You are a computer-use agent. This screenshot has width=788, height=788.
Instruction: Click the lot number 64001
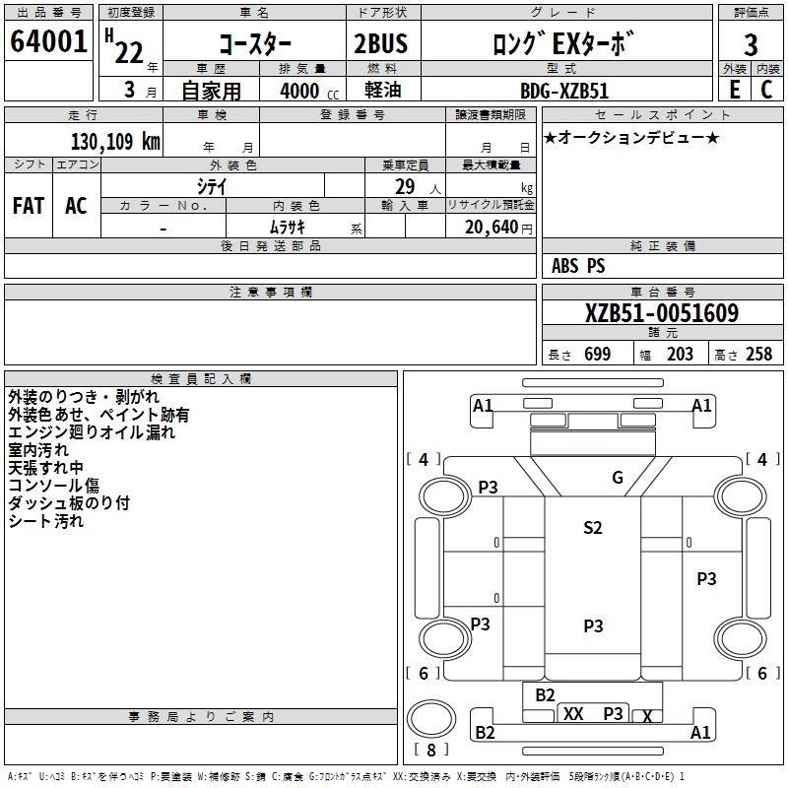[x=49, y=43]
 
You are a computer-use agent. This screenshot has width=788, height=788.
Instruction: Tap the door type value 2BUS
[x=380, y=45]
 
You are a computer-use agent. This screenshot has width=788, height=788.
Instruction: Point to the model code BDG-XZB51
[x=564, y=91]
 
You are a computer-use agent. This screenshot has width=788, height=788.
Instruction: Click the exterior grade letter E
[x=734, y=90]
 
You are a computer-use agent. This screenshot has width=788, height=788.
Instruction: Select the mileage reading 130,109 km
[x=115, y=141]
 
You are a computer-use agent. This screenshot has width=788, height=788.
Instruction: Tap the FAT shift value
[x=29, y=205]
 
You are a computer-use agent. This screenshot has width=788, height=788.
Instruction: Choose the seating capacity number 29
[x=405, y=187]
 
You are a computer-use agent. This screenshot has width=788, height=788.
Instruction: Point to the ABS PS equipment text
[x=578, y=266]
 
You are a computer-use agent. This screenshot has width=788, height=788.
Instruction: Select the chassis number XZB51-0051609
[x=661, y=314]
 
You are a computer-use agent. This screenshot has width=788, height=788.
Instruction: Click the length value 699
[x=597, y=355]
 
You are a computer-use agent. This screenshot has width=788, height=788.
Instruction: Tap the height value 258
[x=758, y=355]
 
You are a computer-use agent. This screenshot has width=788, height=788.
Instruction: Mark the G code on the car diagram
[x=618, y=479]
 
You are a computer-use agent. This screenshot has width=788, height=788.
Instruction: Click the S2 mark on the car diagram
[x=592, y=528]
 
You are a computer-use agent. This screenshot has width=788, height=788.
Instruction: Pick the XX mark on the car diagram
[x=574, y=713]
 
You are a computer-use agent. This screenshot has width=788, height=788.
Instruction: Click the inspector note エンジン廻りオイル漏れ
[x=92, y=432]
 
